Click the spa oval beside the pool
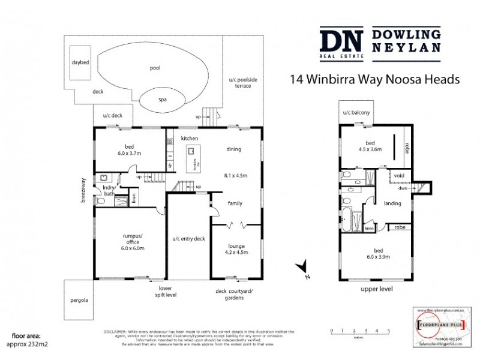[x=162, y=100]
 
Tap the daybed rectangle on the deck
[x=80, y=62]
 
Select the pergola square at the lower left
[x=79, y=300]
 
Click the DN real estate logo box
[x=341, y=43]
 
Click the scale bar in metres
[x=360, y=332]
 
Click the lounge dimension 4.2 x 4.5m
[x=236, y=252]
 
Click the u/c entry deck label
[x=188, y=239]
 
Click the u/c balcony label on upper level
[x=356, y=112]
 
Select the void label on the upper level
[x=400, y=175]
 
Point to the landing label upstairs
[x=392, y=203]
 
